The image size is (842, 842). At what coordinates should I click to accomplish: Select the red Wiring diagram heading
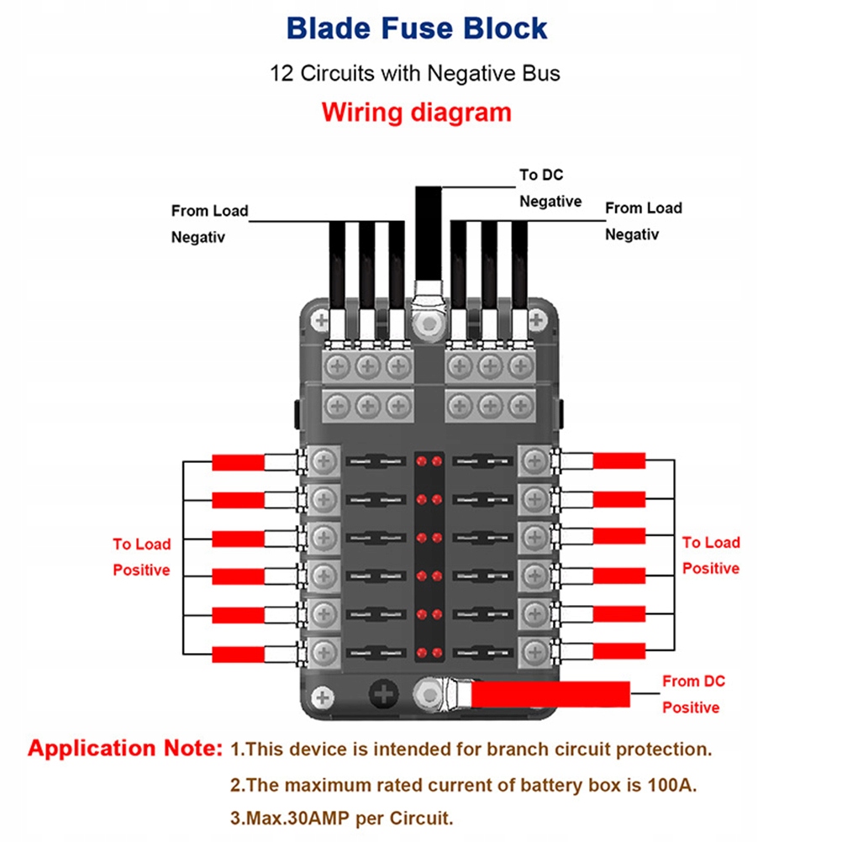(417, 112)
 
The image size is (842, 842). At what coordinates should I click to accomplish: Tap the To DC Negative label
(550, 188)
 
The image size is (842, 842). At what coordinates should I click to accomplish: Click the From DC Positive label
(692, 694)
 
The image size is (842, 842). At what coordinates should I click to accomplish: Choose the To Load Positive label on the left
(141, 557)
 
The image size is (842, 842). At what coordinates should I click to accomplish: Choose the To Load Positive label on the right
(710, 555)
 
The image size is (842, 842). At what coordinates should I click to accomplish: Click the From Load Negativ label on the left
(209, 224)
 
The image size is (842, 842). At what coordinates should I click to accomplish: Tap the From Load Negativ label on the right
(644, 221)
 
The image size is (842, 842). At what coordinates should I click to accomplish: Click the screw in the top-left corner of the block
(320, 320)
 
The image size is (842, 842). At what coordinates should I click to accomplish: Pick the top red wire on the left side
(239, 462)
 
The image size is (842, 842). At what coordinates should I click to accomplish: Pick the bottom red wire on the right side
(619, 651)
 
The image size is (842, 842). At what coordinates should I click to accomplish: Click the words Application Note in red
(125, 749)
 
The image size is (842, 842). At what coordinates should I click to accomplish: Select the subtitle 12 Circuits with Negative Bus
(415, 73)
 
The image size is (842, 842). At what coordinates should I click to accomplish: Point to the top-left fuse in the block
(376, 461)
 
